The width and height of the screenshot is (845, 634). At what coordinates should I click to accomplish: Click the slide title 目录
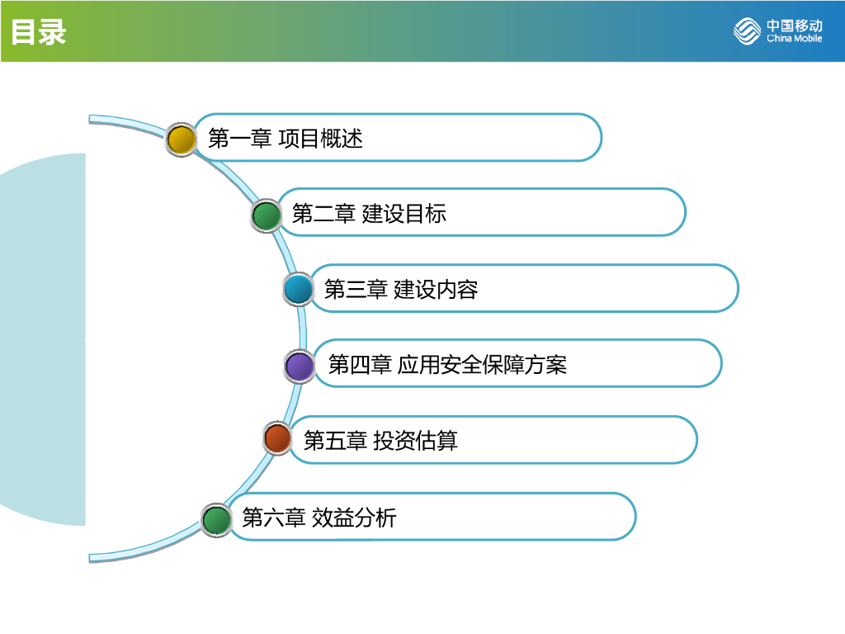(x=38, y=32)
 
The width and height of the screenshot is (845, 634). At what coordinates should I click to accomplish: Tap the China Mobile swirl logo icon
(x=748, y=31)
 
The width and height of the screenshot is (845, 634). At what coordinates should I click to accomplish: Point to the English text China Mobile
(x=794, y=39)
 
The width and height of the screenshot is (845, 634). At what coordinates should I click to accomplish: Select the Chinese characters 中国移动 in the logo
(x=794, y=25)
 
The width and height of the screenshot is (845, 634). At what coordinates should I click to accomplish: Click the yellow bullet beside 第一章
(x=181, y=139)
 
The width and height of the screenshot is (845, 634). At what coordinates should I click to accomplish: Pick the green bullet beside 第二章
(x=266, y=215)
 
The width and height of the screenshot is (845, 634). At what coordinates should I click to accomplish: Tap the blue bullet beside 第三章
(x=298, y=290)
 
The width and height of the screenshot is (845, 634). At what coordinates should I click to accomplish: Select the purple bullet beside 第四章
(x=299, y=366)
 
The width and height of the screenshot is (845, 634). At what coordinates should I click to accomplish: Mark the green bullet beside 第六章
(x=217, y=520)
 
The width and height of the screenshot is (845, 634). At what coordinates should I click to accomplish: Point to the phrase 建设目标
(x=404, y=215)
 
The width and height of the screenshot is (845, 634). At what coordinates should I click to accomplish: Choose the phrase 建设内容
(x=436, y=290)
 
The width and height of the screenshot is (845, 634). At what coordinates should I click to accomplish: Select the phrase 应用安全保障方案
(x=482, y=365)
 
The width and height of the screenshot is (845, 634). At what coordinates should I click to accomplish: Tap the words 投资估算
(x=415, y=441)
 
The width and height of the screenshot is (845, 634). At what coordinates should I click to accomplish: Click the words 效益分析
(x=354, y=518)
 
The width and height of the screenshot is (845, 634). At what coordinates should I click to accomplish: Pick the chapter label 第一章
(x=239, y=139)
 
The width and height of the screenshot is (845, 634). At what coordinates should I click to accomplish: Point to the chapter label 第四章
(x=360, y=365)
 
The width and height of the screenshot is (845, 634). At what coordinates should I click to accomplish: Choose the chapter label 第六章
(x=273, y=518)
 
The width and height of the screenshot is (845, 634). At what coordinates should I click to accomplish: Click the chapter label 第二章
(x=323, y=215)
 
